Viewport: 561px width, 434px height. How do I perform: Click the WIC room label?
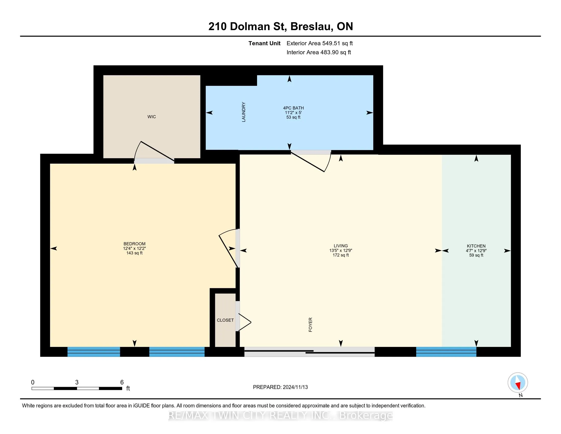pyautogui.click(x=151, y=117)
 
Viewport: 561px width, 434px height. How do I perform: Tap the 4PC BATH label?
pyautogui.click(x=293, y=108)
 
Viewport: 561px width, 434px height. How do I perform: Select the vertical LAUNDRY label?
pyautogui.click(x=244, y=112)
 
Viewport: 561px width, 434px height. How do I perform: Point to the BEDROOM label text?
pyautogui.click(x=134, y=244)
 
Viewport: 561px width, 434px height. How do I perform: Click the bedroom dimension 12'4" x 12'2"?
pyautogui.click(x=134, y=248)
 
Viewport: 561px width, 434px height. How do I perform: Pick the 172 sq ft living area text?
pyautogui.click(x=341, y=255)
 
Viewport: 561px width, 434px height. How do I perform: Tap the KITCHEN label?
pyautogui.click(x=476, y=246)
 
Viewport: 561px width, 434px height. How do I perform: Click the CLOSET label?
pyautogui.click(x=225, y=320)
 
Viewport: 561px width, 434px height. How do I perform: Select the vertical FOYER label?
pyautogui.click(x=310, y=325)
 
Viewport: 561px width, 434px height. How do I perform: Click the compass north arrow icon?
pyautogui.click(x=518, y=383)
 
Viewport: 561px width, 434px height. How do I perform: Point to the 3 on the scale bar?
pyautogui.click(x=77, y=382)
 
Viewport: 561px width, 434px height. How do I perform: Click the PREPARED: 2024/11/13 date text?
pyautogui.click(x=280, y=387)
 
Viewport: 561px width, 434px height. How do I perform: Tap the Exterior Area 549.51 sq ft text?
pyautogui.click(x=320, y=43)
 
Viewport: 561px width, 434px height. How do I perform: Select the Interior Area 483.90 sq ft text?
pyautogui.click(x=318, y=52)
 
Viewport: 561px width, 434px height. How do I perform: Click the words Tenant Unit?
pyautogui.click(x=264, y=43)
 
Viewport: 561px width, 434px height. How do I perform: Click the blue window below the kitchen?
pyautogui.click(x=446, y=352)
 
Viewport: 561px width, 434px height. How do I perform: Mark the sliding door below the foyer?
pyautogui.click(x=309, y=352)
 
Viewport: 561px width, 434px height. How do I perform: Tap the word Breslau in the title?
pyautogui.click(x=312, y=27)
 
